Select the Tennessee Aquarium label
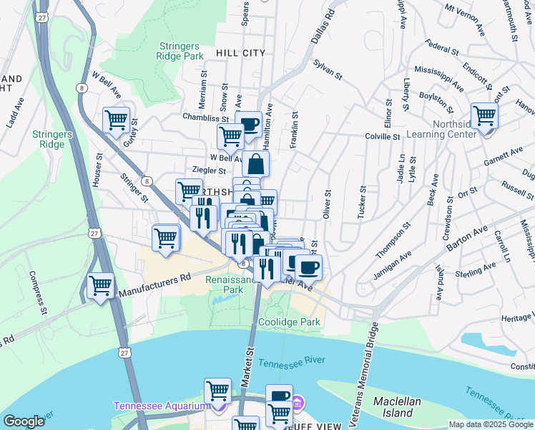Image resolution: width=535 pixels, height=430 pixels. coord(160,406)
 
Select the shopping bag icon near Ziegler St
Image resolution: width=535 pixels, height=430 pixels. coord(255,163)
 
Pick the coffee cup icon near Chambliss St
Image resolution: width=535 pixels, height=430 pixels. coord(248,123)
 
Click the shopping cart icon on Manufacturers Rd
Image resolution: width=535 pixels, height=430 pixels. coord(101,285)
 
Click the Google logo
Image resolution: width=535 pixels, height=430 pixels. coord(24,421)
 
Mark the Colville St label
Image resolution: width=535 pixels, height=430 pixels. coord(382,135)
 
